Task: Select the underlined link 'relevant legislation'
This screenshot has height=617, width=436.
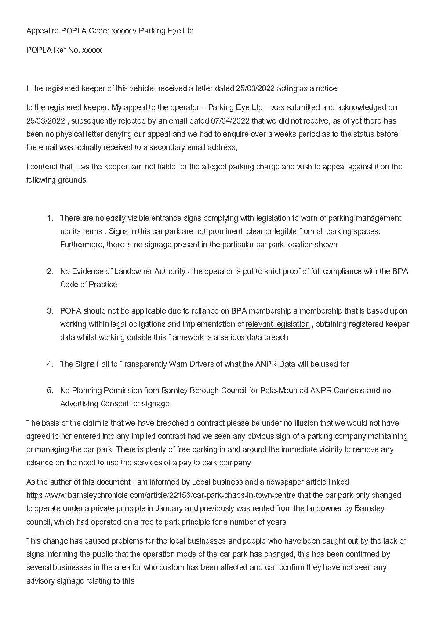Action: (277, 324)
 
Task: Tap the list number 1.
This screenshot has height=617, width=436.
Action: (50, 218)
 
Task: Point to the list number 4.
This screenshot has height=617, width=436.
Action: (50, 364)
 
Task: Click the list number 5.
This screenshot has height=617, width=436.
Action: (50, 391)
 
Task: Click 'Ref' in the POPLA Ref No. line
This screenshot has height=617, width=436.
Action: (60, 50)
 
